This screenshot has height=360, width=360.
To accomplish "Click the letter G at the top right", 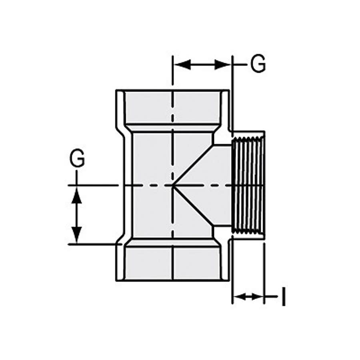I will point(258,64).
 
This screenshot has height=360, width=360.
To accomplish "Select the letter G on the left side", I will point(77,159).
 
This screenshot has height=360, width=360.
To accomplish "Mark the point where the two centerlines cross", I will point(172,185).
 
